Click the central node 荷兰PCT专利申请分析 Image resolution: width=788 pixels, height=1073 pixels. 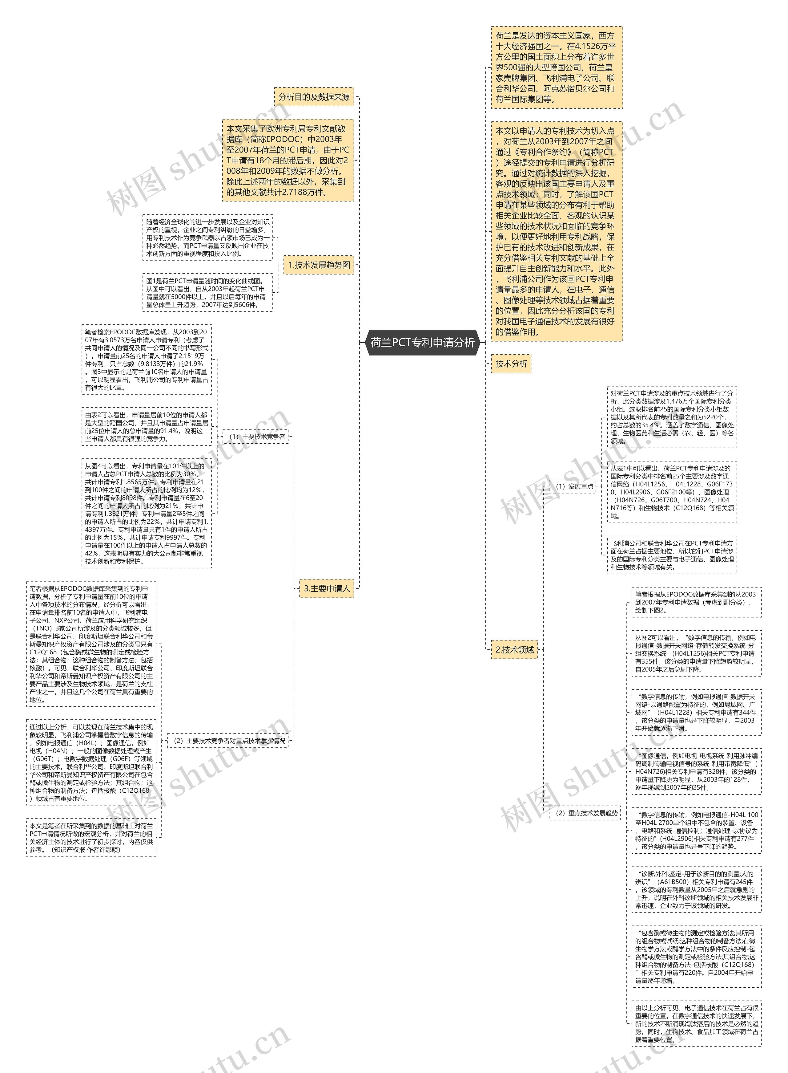[x=423, y=342]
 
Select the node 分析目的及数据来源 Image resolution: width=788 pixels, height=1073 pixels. [x=314, y=97]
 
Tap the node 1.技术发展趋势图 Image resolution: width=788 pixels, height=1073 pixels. [x=319, y=265]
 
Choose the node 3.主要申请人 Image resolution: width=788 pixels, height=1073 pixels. [x=327, y=588]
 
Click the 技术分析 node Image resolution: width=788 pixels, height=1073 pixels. [x=511, y=364]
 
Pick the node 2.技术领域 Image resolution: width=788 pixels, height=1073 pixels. [x=515, y=650]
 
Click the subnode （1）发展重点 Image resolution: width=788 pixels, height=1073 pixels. [x=573, y=486]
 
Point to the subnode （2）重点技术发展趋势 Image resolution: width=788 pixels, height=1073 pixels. [x=585, y=813]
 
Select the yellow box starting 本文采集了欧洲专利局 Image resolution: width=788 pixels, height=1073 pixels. [x=287, y=161]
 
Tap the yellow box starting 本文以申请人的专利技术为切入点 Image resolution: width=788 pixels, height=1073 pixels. [x=557, y=231]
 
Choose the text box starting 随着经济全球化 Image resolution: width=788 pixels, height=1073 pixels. [x=207, y=237]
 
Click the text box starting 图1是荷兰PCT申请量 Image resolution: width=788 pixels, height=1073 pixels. [x=207, y=293]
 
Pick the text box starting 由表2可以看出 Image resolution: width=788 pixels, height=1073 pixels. [x=147, y=426]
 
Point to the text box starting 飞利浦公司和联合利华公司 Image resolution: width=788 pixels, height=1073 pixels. [x=672, y=555]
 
